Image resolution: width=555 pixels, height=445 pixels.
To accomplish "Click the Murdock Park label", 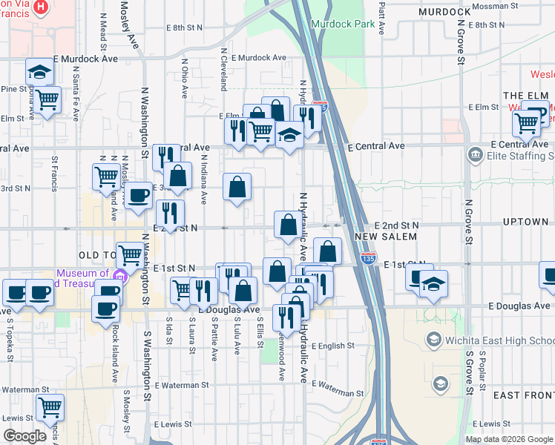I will (344, 24).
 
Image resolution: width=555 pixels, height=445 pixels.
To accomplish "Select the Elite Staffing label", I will (519, 156).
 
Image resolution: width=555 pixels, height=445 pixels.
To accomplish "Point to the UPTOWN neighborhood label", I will (525, 222).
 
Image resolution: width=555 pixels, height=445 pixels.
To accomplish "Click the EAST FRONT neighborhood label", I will (523, 395).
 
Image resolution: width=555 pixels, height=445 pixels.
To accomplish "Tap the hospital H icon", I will (41, 8).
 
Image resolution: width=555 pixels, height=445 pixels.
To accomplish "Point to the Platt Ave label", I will (381, 19).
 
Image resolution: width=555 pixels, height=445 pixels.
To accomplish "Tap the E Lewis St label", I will (174, 425).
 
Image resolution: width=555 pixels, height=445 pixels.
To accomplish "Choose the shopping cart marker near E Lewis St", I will (50, 406).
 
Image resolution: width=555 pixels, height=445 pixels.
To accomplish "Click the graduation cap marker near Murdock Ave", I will (39, 72).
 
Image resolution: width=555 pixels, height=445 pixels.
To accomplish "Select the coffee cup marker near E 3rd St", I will (137, 197).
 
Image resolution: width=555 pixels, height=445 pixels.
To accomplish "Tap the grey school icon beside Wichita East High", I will (441, 383).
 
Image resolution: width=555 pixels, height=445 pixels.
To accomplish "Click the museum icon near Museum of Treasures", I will (122, 277).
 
